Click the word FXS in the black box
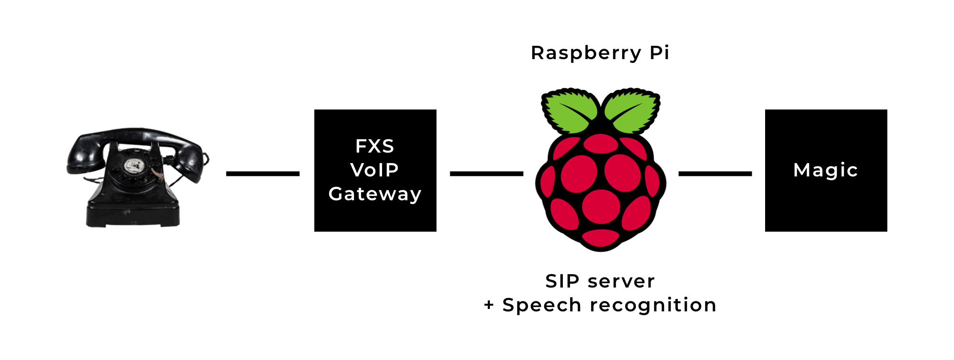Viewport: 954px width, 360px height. click(x=374, y=146)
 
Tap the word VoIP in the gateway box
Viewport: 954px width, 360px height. click(x=374, y=170)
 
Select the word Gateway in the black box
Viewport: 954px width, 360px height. click(x=375, y=194)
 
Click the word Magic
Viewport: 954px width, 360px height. click(x=826, y=170)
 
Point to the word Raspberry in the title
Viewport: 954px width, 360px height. click(x=586, y=53)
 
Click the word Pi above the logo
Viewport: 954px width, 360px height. click(x=660, y=52)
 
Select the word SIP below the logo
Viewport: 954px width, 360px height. click(x=562, y=281)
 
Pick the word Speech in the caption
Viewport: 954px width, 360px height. click(x=542, y=306)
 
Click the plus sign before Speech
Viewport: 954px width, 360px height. click(x=489, y=305)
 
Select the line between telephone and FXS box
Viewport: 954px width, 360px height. click(x=263, y=174)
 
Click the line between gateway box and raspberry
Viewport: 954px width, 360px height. click(x=487, y=174)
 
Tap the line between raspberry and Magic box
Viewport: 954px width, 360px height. click(x=715, y=174)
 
